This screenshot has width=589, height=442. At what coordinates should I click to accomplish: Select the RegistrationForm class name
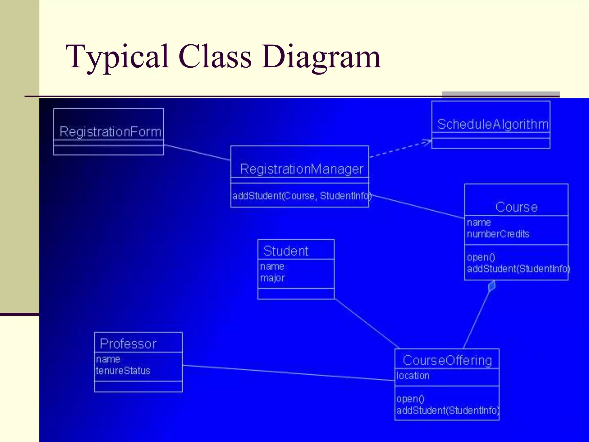pos(110,132)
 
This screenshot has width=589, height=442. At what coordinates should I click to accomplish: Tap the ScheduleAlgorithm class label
pos(493,124)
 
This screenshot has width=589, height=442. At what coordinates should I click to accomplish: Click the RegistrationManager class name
pos(301,169)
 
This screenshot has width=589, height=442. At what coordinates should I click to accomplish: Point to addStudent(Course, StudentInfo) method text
pos(301,196)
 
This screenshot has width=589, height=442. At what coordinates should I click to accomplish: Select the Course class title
pos(516,207)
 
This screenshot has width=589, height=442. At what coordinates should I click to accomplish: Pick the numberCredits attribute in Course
pos(498,234)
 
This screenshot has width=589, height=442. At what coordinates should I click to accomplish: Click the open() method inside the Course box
pos(481,257)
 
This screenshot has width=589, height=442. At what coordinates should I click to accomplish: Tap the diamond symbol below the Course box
pos(492,286)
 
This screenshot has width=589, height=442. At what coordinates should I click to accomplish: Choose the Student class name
pos(286,251)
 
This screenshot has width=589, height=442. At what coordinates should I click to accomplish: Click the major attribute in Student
pos(272,278)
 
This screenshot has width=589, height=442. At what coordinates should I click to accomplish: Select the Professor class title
pos(128,344)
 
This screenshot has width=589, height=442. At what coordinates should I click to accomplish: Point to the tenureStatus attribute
pos(123,371)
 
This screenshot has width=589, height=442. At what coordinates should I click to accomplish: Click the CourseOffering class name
pos(447,361)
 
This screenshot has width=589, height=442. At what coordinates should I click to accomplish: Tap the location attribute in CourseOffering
pos(413,376)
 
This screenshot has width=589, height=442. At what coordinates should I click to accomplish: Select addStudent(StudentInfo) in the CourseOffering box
pos(448,410)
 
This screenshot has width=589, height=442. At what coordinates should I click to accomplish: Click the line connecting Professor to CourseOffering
pos(288,373)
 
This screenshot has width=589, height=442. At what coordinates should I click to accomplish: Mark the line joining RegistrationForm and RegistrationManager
pos(197,153)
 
